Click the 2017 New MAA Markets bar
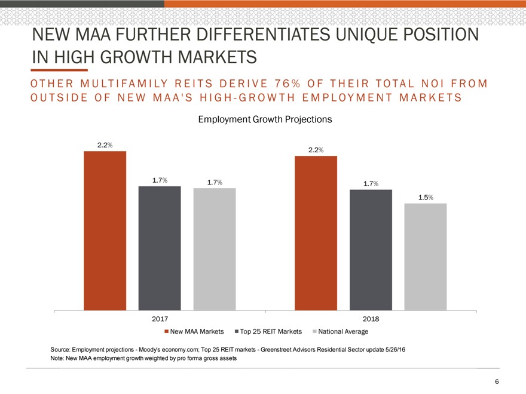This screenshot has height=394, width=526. pos(105,230)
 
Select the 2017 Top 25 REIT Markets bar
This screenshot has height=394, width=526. pos(160,248)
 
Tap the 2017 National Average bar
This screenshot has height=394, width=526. pos(215,249)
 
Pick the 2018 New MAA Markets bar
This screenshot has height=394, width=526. pos(316,233)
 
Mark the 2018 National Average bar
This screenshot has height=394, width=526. pos(425,257)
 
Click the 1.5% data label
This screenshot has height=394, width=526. pos(426,197)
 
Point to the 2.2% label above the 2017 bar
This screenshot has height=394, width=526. pos(105,145)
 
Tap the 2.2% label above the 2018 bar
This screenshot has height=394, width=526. pos(316,150)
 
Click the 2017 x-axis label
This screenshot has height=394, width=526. pos(160,319)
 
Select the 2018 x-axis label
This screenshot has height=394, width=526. pos(371,319)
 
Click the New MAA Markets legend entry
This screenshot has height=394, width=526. pos(194,331)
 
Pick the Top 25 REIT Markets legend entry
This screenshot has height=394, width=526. pos(269,331)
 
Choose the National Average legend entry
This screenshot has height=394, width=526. pos(340,331)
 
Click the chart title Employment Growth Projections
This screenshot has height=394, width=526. pos(264,119)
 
